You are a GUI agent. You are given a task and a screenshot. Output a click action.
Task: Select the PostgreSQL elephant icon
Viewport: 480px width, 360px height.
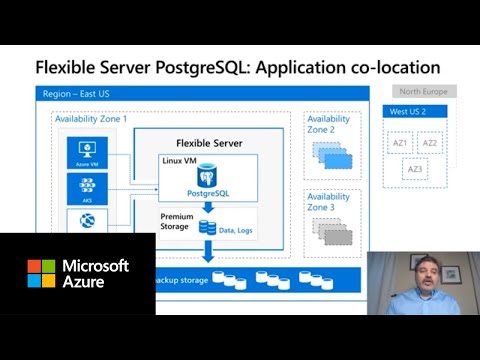(207, 176)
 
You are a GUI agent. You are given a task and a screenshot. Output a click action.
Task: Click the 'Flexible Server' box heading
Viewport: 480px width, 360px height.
(208, 141)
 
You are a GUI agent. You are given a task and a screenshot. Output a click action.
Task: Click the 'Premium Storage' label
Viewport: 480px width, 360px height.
(177, 221)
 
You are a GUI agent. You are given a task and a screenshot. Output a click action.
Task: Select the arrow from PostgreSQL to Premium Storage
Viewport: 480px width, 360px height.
(208, 206)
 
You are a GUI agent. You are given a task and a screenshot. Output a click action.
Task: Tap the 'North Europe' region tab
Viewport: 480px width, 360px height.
(424, 92)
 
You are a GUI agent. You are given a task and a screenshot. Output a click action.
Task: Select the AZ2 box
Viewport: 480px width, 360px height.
(430, 144)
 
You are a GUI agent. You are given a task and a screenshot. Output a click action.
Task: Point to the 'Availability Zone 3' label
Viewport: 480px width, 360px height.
(327, 201)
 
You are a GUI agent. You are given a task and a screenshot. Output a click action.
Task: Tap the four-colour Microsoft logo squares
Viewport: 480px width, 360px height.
(41, 273)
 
